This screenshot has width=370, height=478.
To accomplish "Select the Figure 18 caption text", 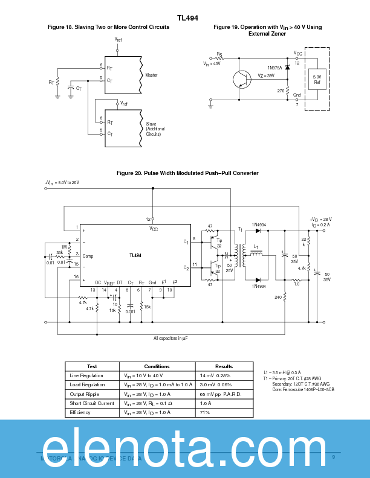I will (x=108, y=28).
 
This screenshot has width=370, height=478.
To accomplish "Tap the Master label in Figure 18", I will (x=151, y=75).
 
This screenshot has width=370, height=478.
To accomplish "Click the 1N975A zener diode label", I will (x=274, y=68).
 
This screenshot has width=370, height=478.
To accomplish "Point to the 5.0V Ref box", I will (x=317, y=80).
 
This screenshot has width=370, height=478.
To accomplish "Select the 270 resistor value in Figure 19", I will (x=281, y=91).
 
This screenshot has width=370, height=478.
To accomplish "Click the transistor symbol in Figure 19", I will (x=242, y=78).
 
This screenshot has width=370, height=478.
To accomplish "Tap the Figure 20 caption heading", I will (x=187, y=173).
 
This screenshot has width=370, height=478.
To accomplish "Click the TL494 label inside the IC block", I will (x=135, y=255).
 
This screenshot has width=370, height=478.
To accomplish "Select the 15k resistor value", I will (x=147, y=307).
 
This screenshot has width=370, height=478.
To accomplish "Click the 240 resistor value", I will (x=277, y=297).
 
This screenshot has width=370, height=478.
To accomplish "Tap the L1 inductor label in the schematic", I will (x=256, y=247).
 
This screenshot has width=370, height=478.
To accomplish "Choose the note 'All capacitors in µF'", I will (x=170, y=338).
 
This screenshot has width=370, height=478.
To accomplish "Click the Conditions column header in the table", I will (x=157, y=366).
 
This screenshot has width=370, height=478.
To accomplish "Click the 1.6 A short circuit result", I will (x=204, y=403).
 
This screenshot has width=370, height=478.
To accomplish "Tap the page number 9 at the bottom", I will (x=333, y=456).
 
